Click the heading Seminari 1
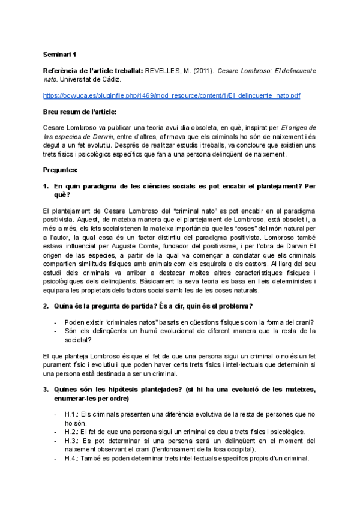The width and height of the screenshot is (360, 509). click(x=60, y=53)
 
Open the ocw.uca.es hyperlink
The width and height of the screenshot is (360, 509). click(x=172, y=95)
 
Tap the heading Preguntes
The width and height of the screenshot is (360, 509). click(x=61, y=170)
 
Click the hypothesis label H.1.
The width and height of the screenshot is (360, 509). click(x=71, y=414)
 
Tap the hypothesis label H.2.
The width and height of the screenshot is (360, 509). click(x=71, y=431)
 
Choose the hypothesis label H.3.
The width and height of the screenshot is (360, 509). click(x=71, y=440)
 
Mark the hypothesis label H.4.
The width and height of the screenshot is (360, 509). click(x=71, y=458)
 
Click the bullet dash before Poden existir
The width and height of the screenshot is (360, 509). click(x=56, y=322)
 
